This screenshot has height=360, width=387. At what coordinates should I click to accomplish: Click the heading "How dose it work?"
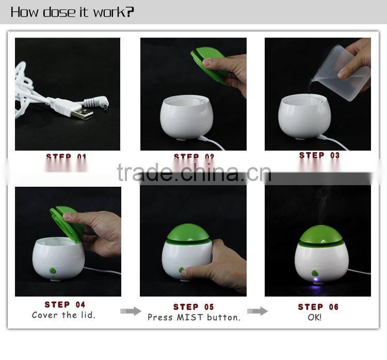[72, 12]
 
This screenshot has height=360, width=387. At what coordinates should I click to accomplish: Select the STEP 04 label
[65, 304]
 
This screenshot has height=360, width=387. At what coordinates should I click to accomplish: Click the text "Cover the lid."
[63, 315]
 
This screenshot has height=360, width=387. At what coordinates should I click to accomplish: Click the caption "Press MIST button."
[194, 317]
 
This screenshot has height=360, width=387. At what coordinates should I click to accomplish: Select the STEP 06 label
[318, 307]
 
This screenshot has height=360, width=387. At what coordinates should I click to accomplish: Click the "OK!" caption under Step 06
[314, 317]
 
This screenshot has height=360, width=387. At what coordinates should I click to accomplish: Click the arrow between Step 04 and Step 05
[130, 310]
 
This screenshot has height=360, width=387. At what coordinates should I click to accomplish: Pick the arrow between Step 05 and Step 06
[257, 310]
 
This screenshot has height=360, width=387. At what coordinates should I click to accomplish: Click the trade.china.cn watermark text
[193, 173]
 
